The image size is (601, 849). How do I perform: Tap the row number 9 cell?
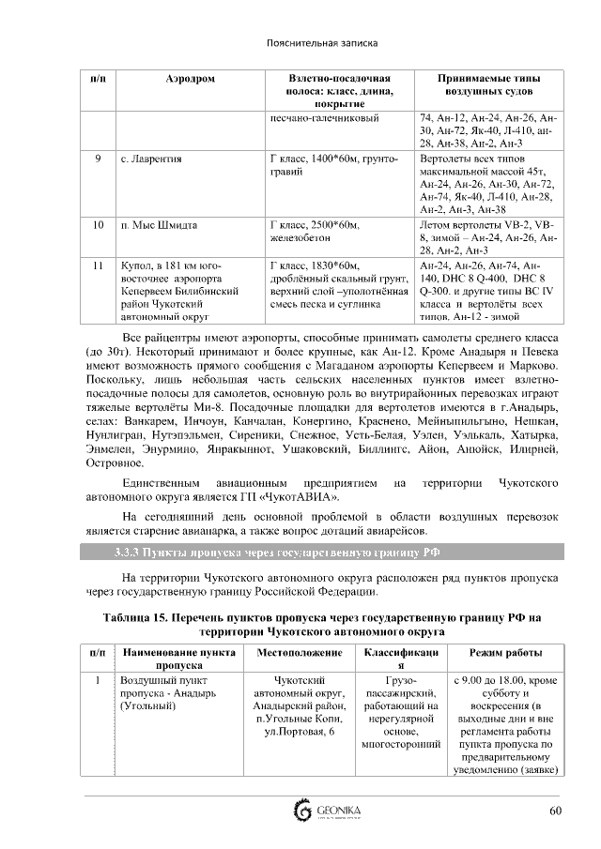98,159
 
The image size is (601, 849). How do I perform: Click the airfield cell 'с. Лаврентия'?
151,159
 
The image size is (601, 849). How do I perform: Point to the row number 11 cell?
98,266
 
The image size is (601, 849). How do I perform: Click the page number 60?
555,811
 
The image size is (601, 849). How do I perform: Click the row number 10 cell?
98,225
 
